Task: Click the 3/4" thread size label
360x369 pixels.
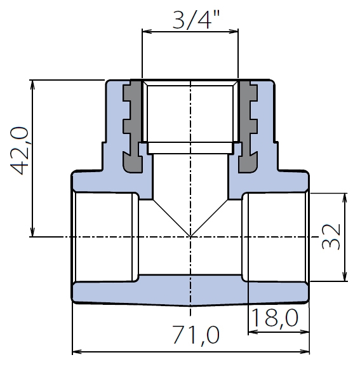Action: (x=196, y=20)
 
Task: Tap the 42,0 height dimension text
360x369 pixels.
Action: (x=20, y=151)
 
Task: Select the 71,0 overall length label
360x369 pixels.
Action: (x=196, y=335)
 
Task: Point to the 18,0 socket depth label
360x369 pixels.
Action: (x=275, y=318)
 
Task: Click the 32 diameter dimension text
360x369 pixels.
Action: (x=331, y=236)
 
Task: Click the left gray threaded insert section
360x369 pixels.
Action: (x=133, y=127)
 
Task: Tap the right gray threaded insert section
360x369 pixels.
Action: (x=248, y=127)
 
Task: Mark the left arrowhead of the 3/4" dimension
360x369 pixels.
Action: (x=147, y=32)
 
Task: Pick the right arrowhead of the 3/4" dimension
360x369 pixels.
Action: (x=234, y=32)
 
